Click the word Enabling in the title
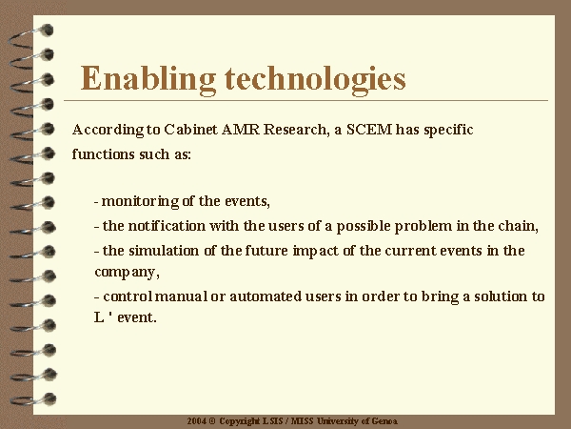coord(148,79)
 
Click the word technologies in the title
coord(315,79)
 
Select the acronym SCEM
coord(369,130)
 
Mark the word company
coord(127,273)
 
